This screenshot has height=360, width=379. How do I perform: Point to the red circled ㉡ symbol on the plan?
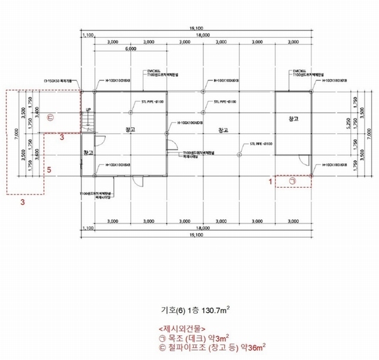point(50,118)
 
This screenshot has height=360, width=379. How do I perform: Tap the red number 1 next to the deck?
point(270,180)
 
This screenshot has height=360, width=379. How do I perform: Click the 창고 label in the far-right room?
point(293,119)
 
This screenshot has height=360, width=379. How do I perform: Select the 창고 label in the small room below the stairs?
point(89,153)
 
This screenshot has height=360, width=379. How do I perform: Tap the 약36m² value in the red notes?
point(256,346)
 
